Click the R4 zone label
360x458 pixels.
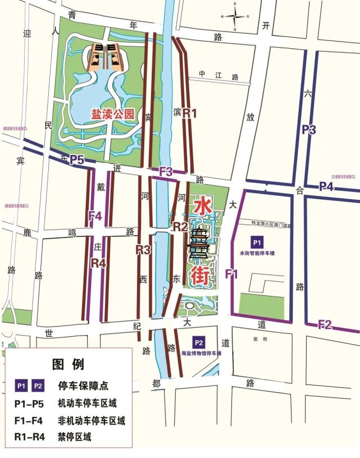coord(98,262)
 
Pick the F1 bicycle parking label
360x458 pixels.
coord(231,274)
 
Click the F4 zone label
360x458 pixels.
coord(95,215)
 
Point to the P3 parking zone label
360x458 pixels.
coord(309,130)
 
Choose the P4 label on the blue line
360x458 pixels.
coord(326,186)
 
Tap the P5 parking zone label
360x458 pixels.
coord(76,161)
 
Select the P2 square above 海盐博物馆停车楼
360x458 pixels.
coord(198,342)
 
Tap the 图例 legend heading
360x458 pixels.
coord(68,364)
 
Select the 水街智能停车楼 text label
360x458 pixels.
coord(257,253)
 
